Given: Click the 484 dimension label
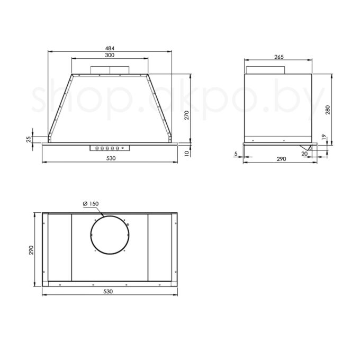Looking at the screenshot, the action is coord(110,48).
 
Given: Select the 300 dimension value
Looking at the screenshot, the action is coord(110,55).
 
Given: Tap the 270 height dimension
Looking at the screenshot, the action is coord(187,115).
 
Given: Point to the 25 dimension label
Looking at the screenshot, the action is coord(29,139).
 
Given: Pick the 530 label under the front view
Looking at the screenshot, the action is coord(111,158).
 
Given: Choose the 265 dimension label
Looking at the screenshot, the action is coord(279,57).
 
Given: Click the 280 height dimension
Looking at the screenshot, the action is coord(328,110).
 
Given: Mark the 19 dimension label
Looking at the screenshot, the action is coord(324,137).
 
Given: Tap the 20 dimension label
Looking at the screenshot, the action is coord(304,154).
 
